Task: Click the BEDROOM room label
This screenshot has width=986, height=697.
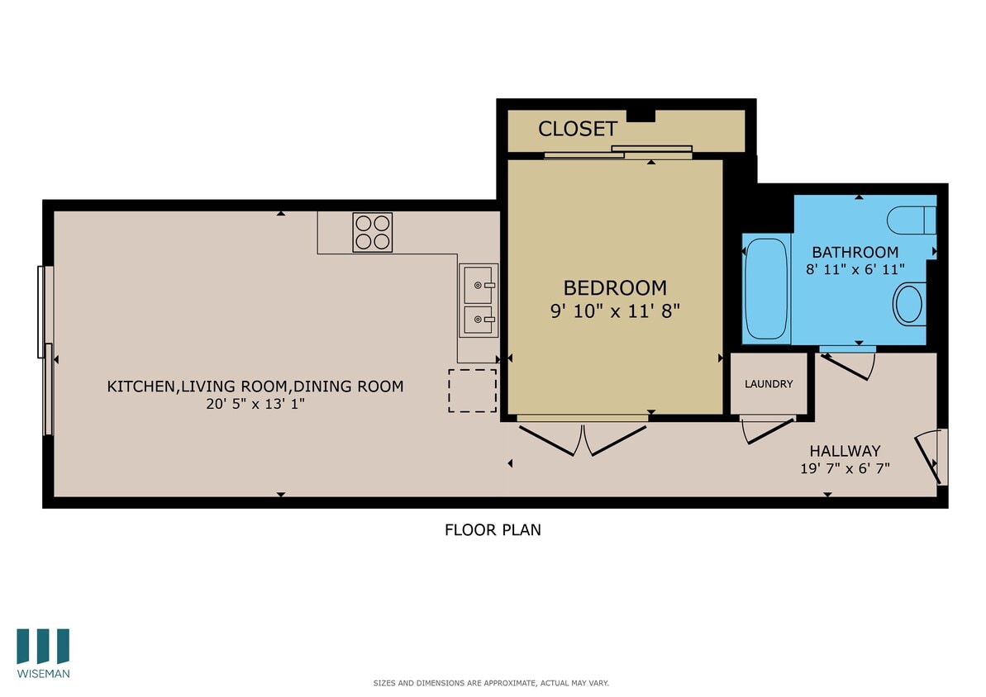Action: [615, 287]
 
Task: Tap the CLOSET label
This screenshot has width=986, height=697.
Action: [578, 129]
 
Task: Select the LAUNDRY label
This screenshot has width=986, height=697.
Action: [769, 384]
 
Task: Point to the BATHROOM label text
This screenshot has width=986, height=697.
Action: [855, 252]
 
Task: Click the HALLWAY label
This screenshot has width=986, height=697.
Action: [845, 451]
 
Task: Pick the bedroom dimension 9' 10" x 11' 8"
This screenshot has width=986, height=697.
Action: [615, 311]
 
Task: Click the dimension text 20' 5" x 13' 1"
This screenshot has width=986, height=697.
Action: [255, 404]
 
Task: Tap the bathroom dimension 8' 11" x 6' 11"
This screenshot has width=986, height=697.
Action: [855, 268]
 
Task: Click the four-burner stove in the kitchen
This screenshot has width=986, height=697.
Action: [373, 232]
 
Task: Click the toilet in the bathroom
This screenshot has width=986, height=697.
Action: [912, 220]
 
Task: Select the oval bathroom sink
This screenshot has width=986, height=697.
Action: [909, 304]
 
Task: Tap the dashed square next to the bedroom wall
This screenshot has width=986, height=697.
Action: [473, 391]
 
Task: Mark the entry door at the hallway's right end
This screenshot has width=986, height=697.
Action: [930, 457]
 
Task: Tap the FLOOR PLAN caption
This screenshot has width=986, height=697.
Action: [493, 530]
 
